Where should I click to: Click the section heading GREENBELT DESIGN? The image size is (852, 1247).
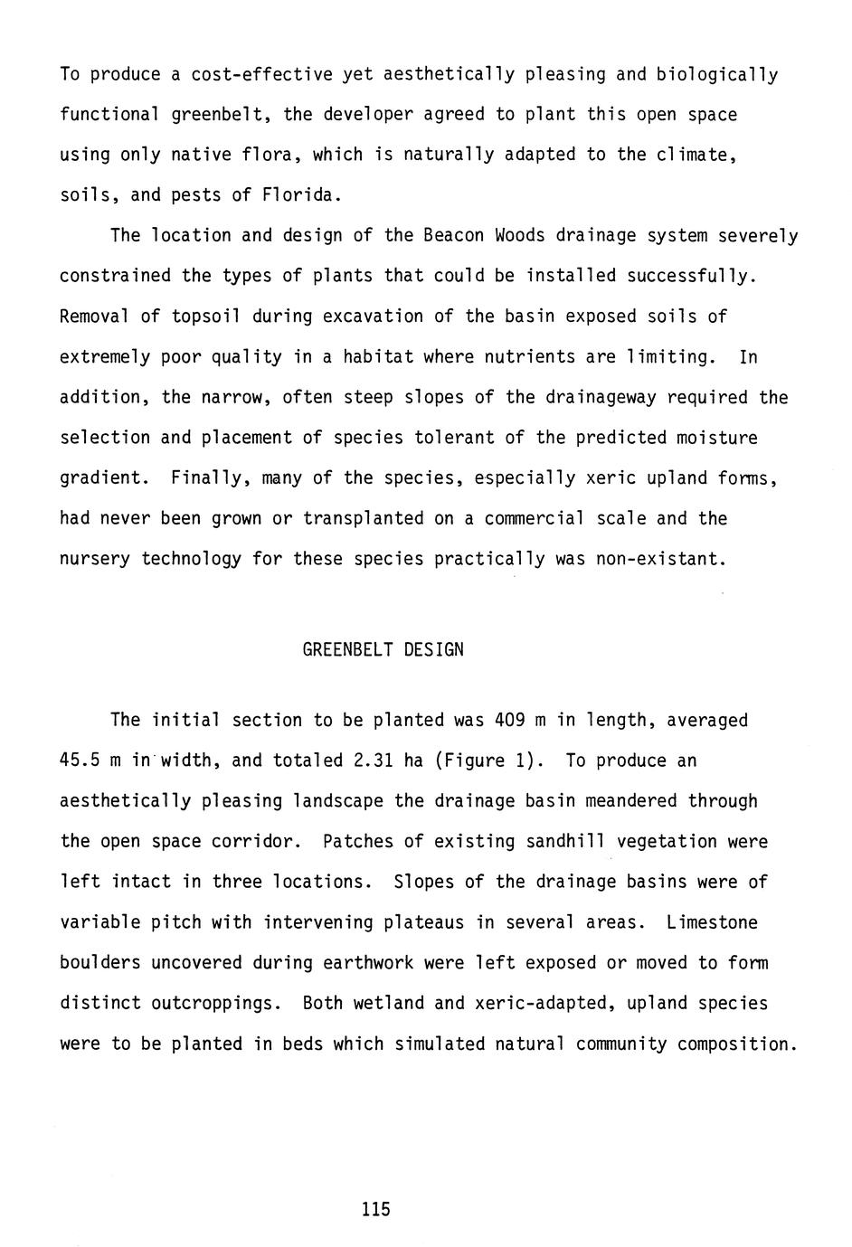click(383, 649)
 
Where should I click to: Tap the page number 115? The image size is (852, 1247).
click(375, 1209)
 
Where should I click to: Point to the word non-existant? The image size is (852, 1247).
click(660, 559)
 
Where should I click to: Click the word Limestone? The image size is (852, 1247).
click(712, 922)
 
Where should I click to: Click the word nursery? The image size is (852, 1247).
click(94, 559)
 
